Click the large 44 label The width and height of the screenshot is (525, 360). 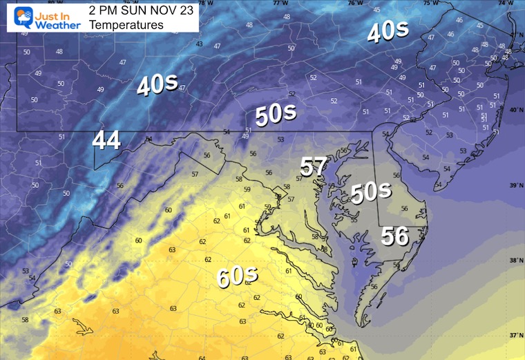click(x=106, y=140)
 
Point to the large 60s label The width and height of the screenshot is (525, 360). click(x=237, y=276)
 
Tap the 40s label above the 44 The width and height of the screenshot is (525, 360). click(x=156, y=85)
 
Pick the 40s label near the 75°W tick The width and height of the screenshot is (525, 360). click(x=387, y=32)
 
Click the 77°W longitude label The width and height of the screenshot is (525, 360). click(x=279, y=3)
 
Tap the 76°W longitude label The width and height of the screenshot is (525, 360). click(x=355, y=3)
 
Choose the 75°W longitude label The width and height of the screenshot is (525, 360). click(x=430, y=3)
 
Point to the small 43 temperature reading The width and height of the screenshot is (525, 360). click(x=199, y=44)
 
